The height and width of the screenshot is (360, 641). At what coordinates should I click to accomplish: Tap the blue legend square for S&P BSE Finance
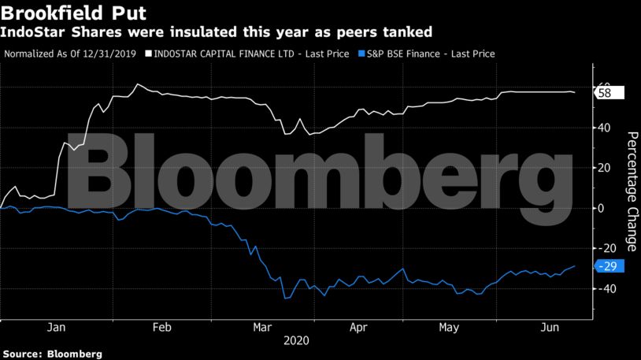(x=361, y=54)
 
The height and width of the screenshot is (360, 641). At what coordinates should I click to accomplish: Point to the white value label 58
(x=609, y=93)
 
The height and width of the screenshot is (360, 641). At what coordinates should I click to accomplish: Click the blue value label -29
(x=609, y=266)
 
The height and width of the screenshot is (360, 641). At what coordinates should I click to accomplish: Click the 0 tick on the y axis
(x=602, y=208)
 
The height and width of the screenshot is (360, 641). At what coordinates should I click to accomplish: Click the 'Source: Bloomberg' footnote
(x=52, y=354)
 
